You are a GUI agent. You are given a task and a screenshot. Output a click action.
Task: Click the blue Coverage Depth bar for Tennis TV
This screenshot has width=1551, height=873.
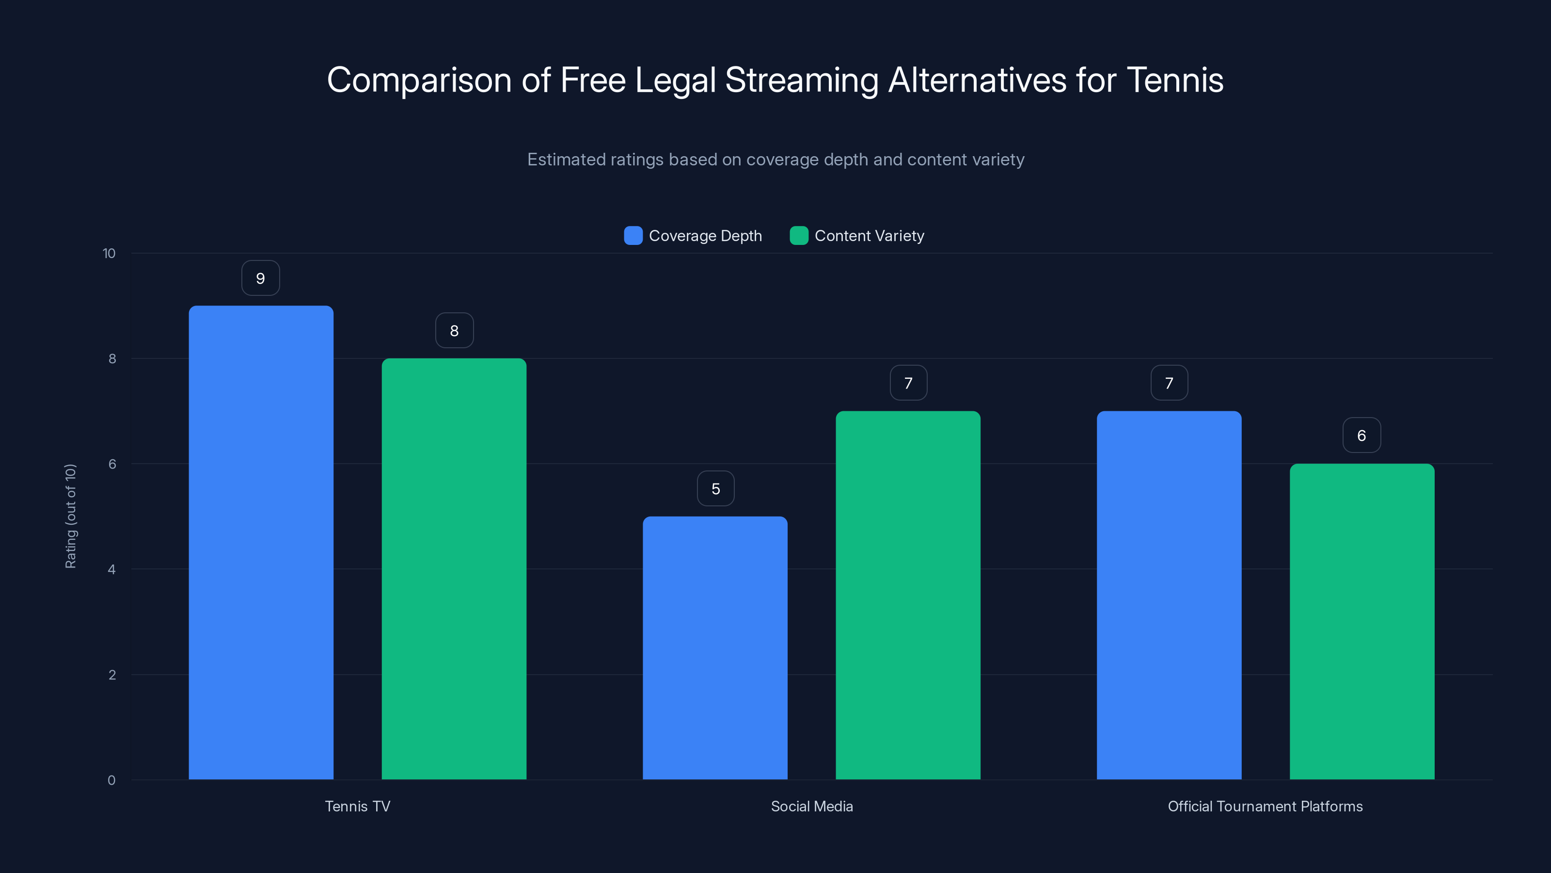click(261, 542)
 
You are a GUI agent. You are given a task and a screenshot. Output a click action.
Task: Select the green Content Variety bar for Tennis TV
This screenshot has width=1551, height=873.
click(454, 569)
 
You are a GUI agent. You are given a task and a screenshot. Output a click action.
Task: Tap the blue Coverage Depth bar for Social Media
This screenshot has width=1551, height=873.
click(715, 647)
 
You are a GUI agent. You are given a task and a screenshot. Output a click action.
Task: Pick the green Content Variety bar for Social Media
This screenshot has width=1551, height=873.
click(908, 595)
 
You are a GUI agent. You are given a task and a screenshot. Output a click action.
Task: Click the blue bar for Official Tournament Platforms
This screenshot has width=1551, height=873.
click(1169, 595)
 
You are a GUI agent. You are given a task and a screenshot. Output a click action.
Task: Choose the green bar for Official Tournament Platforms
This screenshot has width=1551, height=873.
click(1362, 621)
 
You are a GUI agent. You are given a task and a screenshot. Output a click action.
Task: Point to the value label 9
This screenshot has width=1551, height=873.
click(261, 278)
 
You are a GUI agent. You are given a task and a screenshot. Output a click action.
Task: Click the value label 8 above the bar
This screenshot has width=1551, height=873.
click(455, 331)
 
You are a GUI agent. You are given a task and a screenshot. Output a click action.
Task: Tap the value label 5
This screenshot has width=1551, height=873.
click(716, 488)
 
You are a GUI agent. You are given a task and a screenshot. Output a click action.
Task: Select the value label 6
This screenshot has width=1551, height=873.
click(1361, 436)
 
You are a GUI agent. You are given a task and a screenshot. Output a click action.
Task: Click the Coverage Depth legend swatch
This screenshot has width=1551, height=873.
click(633, 236)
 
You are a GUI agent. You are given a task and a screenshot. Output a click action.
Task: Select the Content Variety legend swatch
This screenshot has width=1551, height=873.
click(799, 236)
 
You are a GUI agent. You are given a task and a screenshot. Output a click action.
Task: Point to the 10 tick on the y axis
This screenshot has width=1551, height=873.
click(109, 254)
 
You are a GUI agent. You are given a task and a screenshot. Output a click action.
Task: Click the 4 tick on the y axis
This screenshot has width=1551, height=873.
click(112, 569)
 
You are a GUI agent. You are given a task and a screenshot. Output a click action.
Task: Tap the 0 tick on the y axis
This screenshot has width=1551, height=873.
click(112, 780)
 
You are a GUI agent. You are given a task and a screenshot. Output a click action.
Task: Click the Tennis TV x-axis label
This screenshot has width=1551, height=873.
click(358, 806)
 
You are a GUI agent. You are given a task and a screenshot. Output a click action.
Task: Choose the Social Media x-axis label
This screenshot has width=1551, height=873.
click(812, 806)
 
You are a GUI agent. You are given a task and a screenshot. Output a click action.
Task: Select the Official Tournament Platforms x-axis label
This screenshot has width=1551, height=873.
click(1265, 806)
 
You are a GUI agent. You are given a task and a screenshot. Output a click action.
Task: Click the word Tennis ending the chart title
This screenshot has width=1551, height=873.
click(1175, 80)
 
